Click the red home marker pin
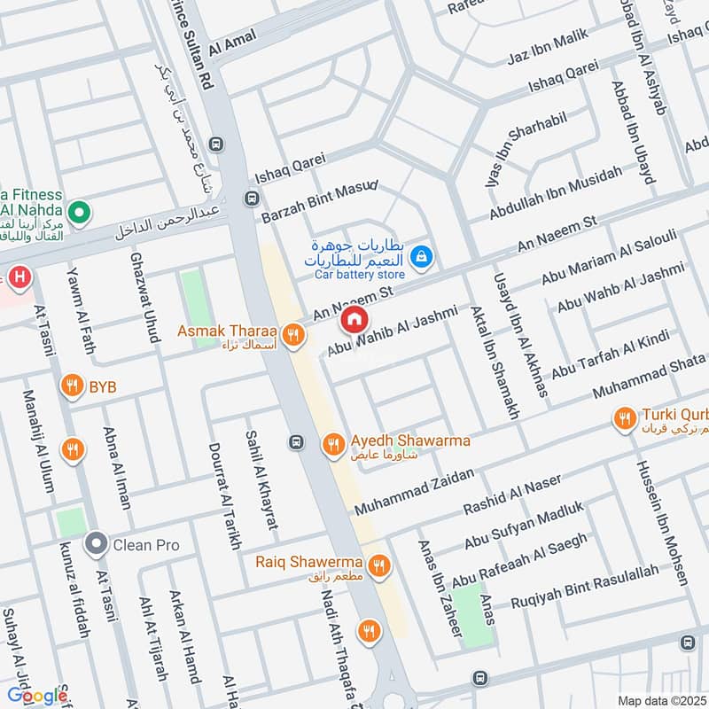[354, 319]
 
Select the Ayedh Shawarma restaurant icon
[333, 444]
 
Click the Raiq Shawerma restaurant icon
[379, 565]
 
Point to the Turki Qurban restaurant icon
[626, 417]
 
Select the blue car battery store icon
[423, 257]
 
